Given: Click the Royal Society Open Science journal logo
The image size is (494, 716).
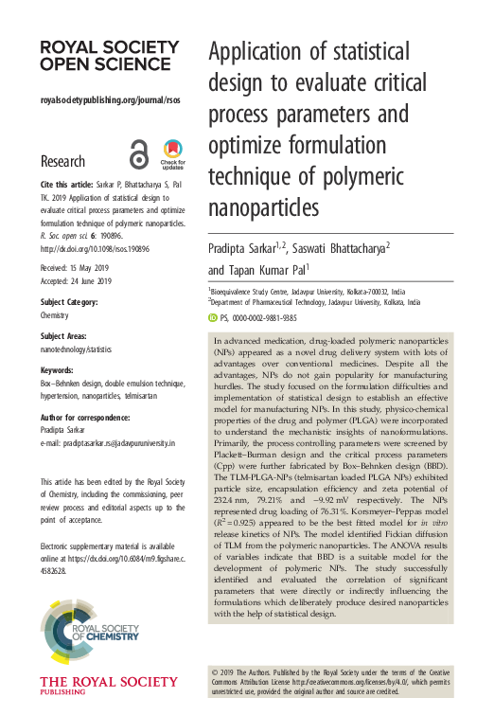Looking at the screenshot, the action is tap(101, 55).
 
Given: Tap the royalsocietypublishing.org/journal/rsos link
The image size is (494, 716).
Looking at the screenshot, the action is tap(110, 99).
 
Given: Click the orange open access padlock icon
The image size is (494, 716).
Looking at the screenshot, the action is tap(140, 155).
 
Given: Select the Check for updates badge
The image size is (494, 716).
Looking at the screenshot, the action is tap(173, 154).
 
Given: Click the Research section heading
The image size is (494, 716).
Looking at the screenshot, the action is tap(62, 161).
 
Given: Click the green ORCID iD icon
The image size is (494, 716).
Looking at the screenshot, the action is tap(212, 318).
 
